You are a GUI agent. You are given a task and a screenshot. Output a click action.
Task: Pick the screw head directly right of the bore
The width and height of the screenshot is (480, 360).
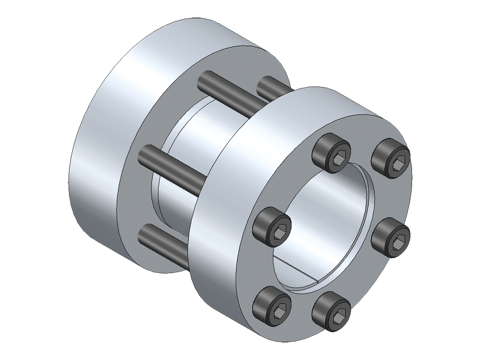391,238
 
